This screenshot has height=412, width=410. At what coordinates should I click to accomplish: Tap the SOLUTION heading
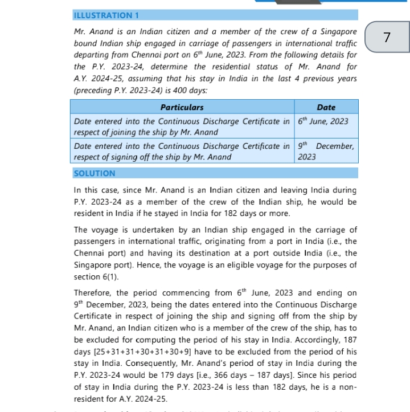[x=95, y=173]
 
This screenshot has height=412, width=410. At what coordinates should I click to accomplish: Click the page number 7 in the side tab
[x=387, y=38]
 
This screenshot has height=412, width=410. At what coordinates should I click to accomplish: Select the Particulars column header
[x=182, y=107]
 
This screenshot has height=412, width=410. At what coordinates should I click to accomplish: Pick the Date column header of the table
[x=326, y=107]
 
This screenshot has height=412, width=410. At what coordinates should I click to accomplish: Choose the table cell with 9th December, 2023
[x=326, y=151]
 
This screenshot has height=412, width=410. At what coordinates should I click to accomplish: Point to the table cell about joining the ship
[x=182, y=127]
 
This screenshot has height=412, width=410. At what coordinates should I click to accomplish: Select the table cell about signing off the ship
[x=182, y=151]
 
